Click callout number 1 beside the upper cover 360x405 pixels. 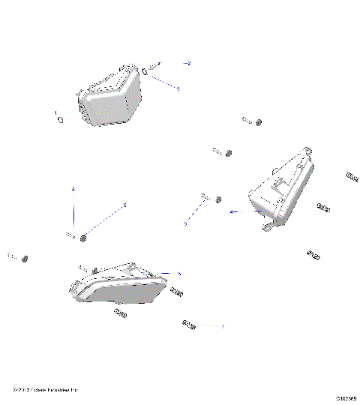click(x=55, y=112)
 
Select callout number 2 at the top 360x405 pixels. click(x=189, y=63)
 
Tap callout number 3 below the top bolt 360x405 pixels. click(x=178, y=88)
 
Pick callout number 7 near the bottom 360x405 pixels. click(x=222, y=326)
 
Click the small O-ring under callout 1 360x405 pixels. click(x=61, y=121)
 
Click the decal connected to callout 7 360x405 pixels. click(x=188, y=325)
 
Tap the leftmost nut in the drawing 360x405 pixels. click(x=25, y=259)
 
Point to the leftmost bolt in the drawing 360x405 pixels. click(x=13, y=256)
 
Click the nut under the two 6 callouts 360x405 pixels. click(x=83, y=238)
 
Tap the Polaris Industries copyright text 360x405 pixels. click(x=45, y=390)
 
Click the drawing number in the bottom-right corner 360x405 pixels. click(x=346, y=399)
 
